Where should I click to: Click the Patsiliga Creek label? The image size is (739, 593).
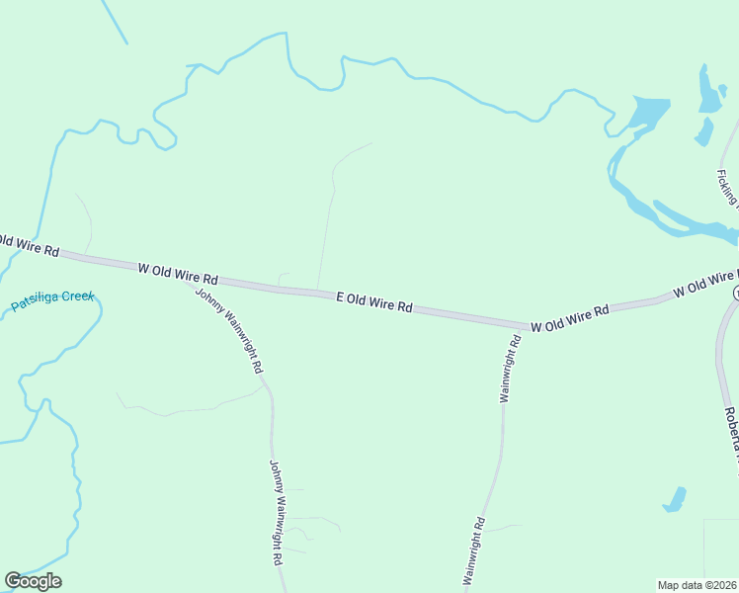(53, 300)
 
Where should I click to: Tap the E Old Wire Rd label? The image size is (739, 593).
(374, 301)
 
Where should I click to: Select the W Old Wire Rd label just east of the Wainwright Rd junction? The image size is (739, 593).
(569, 317)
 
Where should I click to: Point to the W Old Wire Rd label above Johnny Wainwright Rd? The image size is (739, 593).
(177, 273)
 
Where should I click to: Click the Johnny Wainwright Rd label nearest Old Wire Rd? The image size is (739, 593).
(229, 330)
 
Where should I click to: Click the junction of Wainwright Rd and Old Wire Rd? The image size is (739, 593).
(521, 325)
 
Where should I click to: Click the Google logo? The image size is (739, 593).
(33, 581)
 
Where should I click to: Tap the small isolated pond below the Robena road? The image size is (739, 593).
(675, 499)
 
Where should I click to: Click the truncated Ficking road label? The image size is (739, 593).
(728, 188)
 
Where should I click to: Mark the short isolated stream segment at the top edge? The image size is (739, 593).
(115, 22)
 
